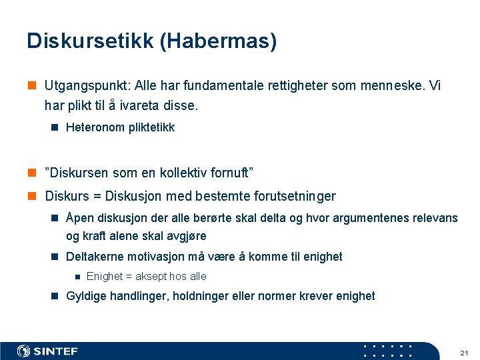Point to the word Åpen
(x=80, y=218)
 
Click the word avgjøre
(x=185, y=236)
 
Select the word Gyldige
(x=85, y=296)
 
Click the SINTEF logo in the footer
(x=48, y=351)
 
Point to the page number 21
(x=464, y=351)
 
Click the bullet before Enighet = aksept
(x=77, y=277)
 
